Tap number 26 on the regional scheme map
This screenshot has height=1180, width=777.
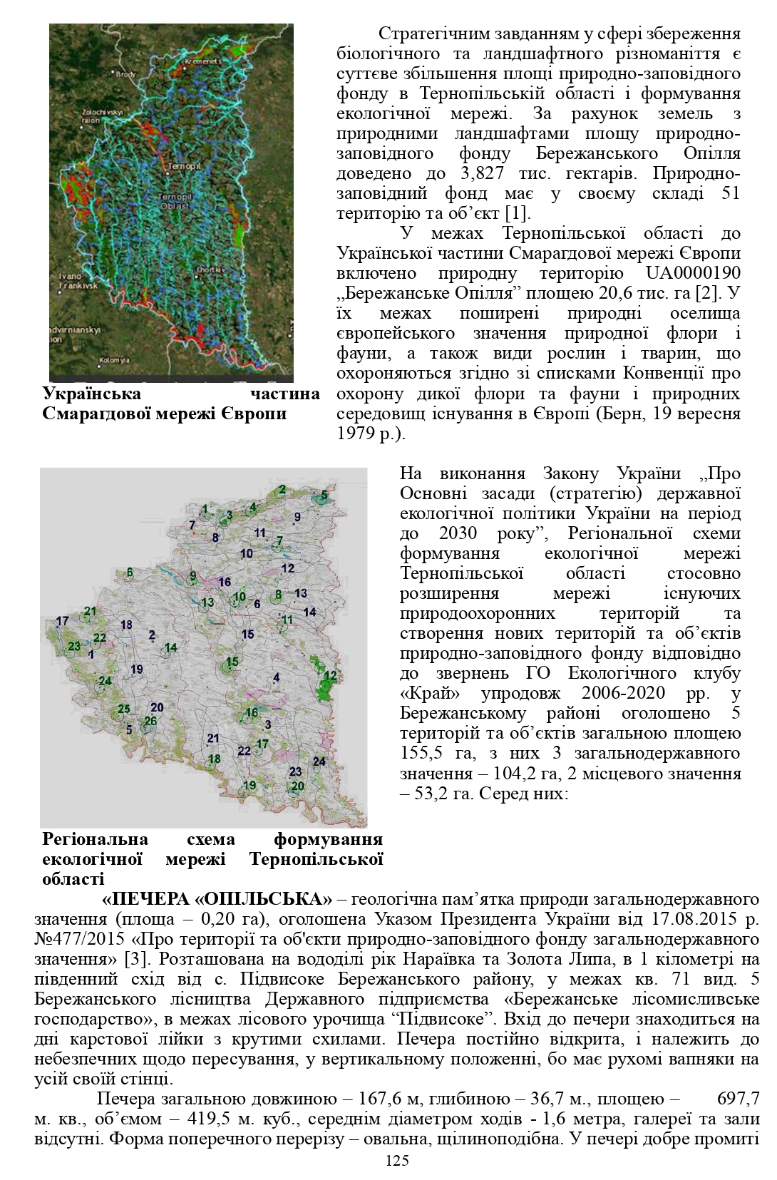pos(150,721)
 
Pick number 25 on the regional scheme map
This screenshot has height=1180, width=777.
pos(124,709)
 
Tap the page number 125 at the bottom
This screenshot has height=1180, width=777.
pos(397,1161)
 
